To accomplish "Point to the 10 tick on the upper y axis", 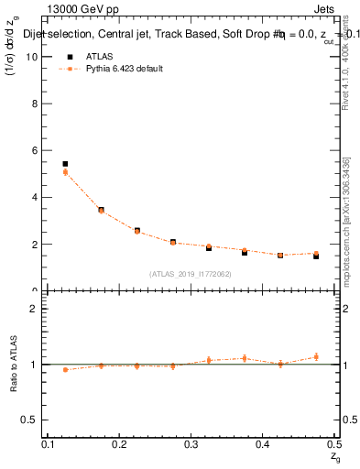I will [33, 56].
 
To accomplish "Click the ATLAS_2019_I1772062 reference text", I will [191, 273].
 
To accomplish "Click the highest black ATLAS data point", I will [65, 164].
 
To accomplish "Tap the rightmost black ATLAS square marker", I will [316, 256].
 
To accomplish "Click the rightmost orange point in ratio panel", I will [316, 357].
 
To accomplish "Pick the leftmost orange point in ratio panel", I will [65, 369].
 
